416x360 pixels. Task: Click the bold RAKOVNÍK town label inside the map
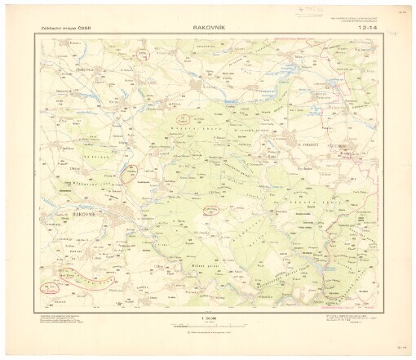[x=86, y=213]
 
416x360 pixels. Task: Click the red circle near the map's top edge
[x=144, y=52]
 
